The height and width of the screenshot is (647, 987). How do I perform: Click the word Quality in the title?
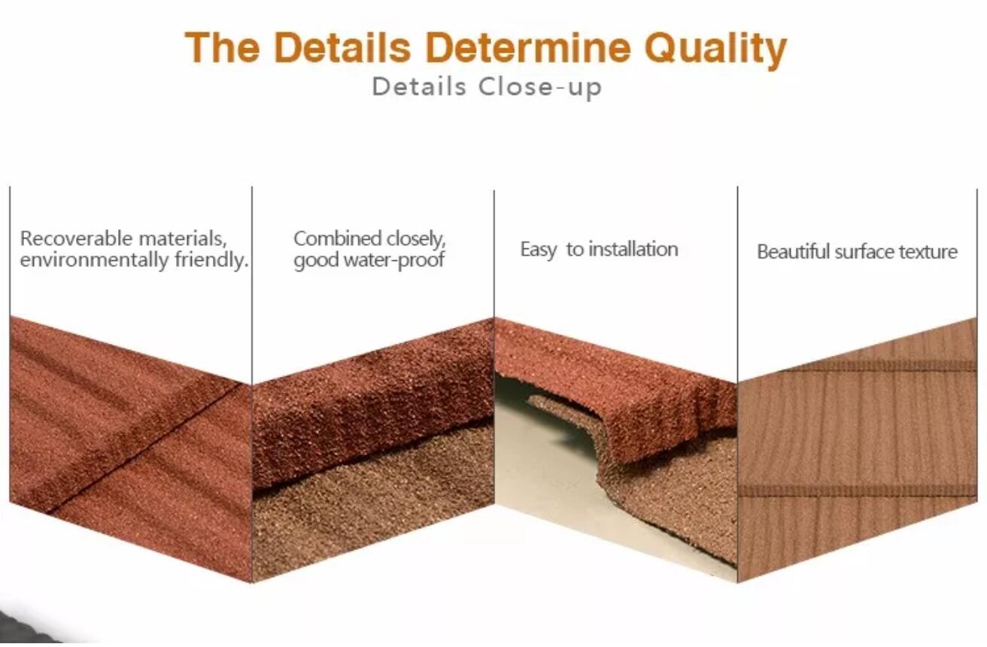click(715, 50)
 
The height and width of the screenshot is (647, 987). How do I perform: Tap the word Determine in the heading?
click(528, 47)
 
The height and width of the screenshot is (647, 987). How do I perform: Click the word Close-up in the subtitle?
click(540, 87)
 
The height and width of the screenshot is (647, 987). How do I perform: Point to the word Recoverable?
click(76, 238)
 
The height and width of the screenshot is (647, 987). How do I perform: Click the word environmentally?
click(94, 260)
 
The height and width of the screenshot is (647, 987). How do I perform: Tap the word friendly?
click(211, 260)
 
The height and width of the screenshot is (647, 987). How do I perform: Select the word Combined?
click(338, 238)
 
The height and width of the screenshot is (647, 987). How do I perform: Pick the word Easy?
click(539, 250)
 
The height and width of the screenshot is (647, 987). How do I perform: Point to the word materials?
click(182, 239)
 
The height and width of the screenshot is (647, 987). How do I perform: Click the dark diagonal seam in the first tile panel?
click(145, 448)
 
